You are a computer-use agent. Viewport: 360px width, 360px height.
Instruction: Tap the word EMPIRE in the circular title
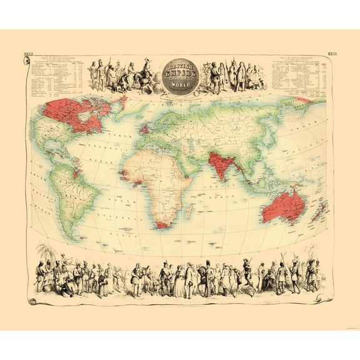(180, 73)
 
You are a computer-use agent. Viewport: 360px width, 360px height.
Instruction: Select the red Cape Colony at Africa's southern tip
(164, 223)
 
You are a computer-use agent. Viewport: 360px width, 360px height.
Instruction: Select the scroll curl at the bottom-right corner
(329, 301)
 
